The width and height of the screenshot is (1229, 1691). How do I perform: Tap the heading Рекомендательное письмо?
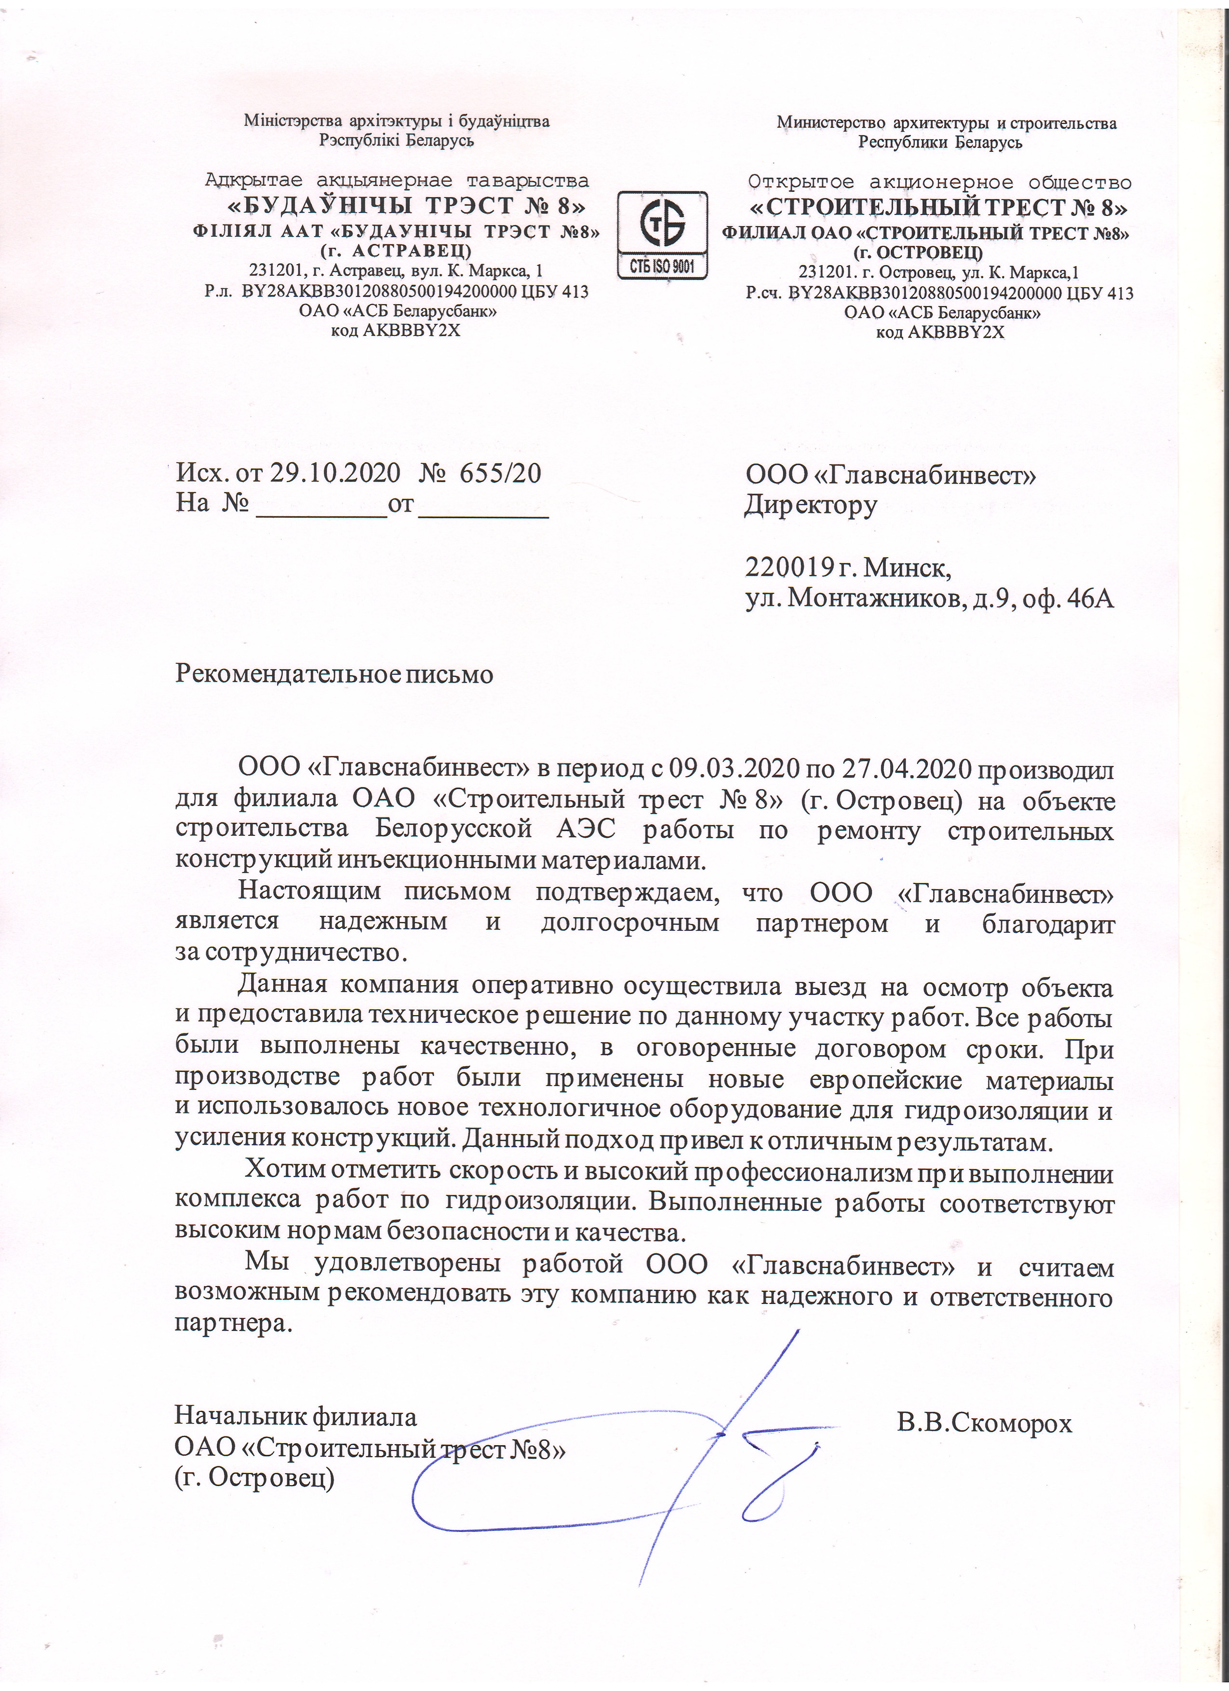tap(334, 674)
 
